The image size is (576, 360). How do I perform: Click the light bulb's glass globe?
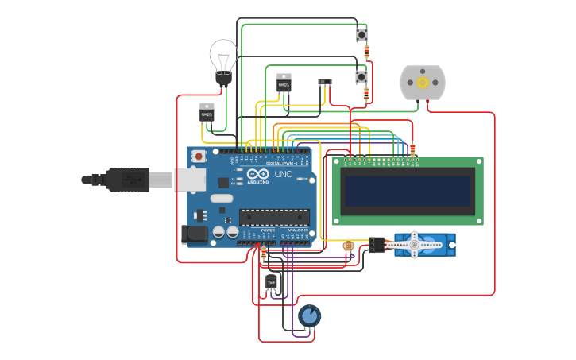tap(223, 55)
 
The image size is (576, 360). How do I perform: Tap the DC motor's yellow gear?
tap(422, 82)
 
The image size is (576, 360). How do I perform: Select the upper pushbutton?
tap(362, 34)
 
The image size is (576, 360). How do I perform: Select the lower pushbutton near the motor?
tap(361, 76)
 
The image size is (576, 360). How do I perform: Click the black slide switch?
tap(324, 81)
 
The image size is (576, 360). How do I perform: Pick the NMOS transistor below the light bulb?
tap(207, 113)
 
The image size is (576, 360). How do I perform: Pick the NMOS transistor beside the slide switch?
tap(284, 83)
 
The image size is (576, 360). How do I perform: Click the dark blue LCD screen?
tap(408, 191)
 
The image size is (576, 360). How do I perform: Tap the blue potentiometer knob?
tap(309, 316)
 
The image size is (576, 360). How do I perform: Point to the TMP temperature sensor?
tap(272, 282)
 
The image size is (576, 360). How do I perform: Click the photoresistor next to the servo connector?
tap(347, 246)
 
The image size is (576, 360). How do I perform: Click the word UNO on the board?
tap(284, 174)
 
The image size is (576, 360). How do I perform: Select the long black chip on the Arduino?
tap(274, 216)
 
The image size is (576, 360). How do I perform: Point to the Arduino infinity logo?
tap(258, 174)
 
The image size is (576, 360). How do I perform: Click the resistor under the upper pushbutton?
tap(366, 52)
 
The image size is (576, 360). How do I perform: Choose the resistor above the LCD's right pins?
tap(413, 149)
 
